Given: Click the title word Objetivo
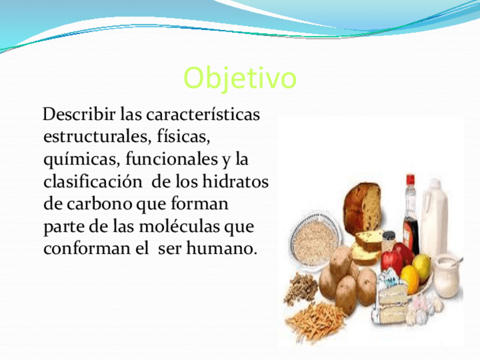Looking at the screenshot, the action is point(240,78).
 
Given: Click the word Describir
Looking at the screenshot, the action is point(79,114).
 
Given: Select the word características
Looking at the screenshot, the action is point(203,114).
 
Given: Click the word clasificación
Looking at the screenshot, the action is point(93,181).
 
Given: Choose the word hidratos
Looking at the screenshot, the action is point(235,181).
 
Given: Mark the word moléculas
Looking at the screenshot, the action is point(179,226).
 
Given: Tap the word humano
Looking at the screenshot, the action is point(222,248).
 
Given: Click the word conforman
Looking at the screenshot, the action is point(87,248).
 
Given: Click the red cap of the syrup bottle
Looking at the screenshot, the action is point(410,179).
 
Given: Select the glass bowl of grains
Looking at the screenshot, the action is point(315,239).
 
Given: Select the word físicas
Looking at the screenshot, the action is point(183,136).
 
